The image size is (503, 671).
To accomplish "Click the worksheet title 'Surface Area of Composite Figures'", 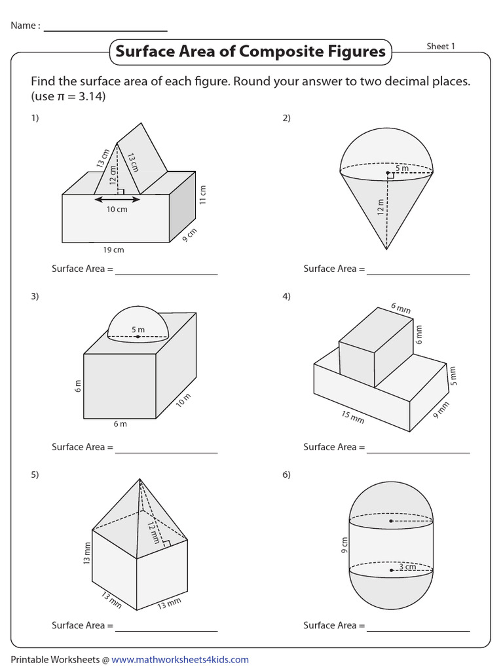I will [250, 52].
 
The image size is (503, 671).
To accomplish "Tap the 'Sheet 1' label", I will [441, 47].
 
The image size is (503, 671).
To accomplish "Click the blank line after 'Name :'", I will [105, 30].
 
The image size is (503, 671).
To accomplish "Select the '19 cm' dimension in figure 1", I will [113, 250].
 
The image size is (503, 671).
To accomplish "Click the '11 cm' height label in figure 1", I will [203, 194].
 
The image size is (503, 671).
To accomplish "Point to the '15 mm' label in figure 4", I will [353, 416].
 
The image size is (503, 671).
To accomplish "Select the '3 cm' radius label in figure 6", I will [407, 567].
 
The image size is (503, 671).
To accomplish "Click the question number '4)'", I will [286, 296].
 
